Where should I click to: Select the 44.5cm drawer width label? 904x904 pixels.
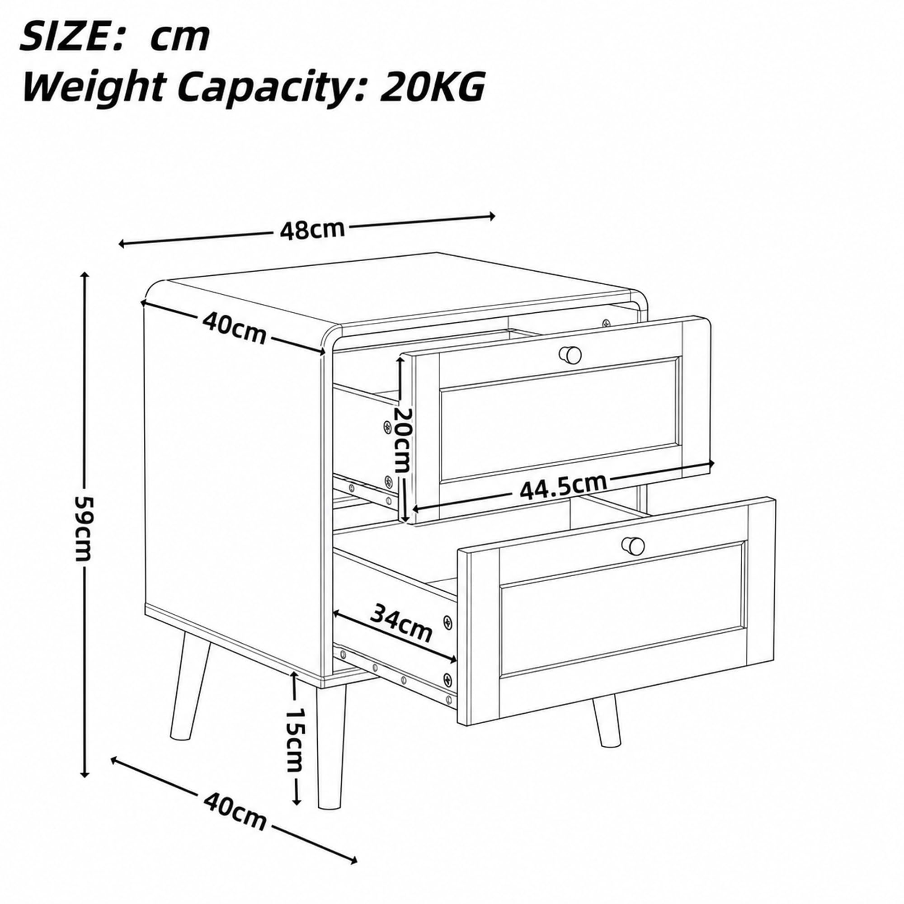(x=563, y=487)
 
